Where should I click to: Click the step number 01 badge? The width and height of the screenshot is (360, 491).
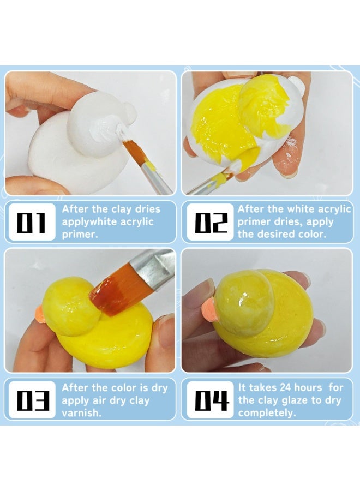(31, 222)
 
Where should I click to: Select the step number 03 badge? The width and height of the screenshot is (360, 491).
(31, 400)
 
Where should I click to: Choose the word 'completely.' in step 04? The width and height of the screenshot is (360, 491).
(267, 413)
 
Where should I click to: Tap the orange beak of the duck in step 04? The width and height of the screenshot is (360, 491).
(212, 309)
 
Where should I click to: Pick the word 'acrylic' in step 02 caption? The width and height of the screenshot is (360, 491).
(335, 209)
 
